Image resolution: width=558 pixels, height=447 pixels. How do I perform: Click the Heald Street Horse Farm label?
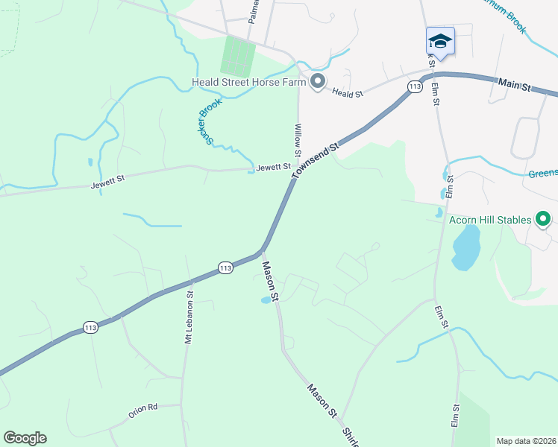click(x=249, y=82)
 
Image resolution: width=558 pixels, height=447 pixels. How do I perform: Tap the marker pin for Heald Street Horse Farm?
click(x=319, y=82)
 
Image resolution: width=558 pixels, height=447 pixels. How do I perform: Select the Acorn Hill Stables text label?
click(x=490, y=220)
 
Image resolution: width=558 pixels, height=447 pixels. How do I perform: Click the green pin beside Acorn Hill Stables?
click(x=544, y=219)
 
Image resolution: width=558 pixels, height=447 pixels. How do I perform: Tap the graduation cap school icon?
click(x=440, y=41)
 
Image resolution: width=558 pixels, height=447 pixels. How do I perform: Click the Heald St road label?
click(x=347, y=94)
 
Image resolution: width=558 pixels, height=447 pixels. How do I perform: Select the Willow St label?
click(x=298, y=141)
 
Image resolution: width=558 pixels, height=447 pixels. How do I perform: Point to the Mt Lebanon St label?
click(x=189, y=307)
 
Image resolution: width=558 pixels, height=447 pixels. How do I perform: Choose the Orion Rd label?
click(x=142, y=408)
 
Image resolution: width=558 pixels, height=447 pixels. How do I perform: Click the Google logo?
click(x=25, y=438)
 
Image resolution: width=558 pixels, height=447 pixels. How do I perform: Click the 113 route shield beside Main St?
click(x=415, y=87)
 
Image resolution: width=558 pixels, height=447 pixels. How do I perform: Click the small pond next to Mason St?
click(x=266, y=300)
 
